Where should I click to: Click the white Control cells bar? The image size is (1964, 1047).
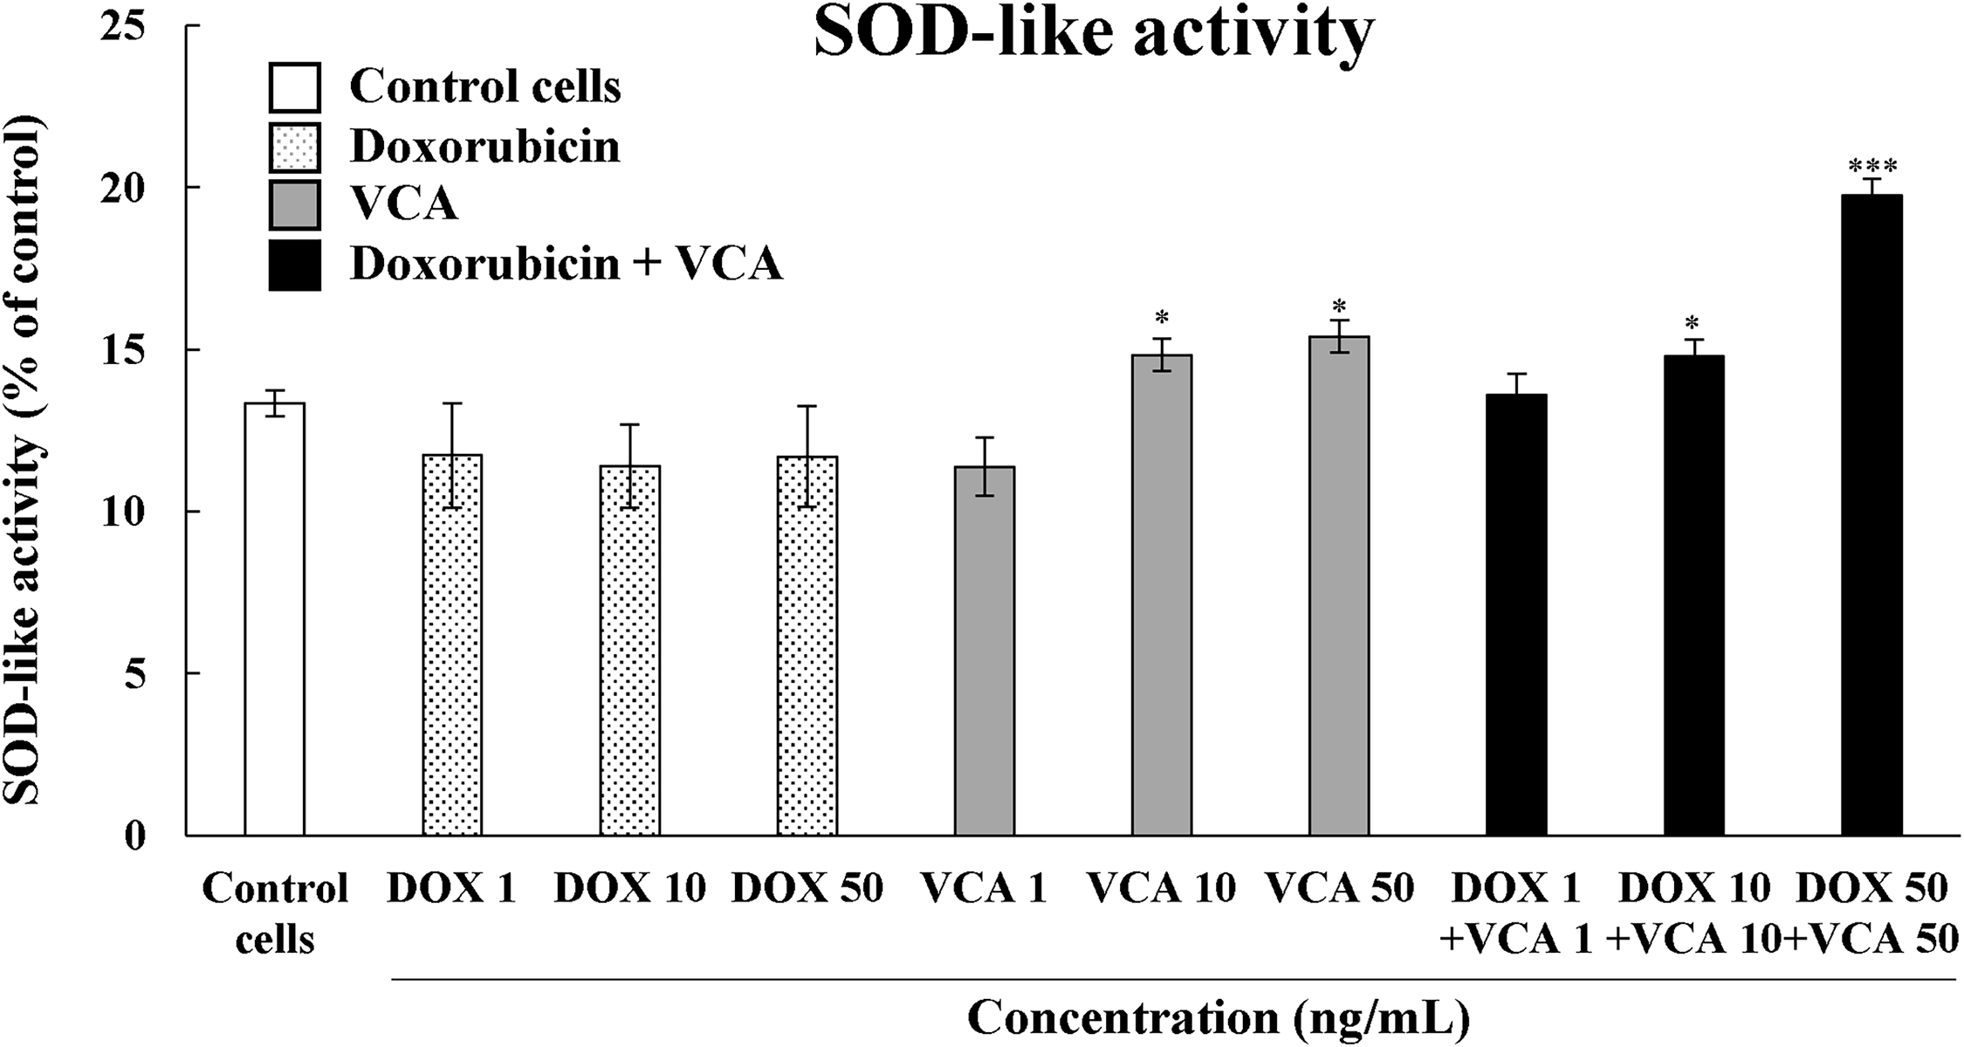pos(274,619)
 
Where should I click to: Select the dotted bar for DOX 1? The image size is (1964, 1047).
pos(452,645)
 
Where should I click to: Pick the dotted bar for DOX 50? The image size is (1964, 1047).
pos(807,646)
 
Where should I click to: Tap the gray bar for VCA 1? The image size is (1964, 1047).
pos(985,651)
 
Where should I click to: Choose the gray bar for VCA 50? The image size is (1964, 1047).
pos(1339,586)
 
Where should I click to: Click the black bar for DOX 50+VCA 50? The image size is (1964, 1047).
pos(1871,515)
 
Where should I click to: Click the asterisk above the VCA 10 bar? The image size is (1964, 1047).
pos(1161,317)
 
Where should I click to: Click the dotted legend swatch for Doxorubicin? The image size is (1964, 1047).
pos(295,147)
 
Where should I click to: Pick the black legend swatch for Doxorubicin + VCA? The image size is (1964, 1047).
pos(295,265)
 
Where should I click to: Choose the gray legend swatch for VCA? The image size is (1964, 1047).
pos(295,205)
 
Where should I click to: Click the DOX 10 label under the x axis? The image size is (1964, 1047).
pos(629,889)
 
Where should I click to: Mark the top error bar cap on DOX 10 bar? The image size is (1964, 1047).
pos(629,424)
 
